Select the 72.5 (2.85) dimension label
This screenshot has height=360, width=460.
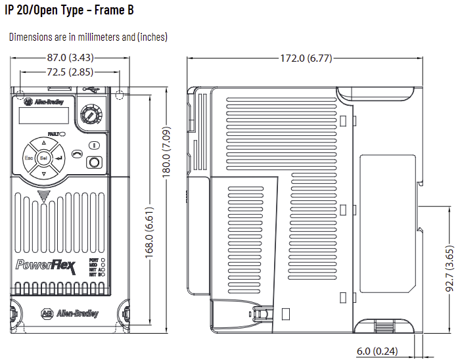70,71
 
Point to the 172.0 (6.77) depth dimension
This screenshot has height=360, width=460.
306,58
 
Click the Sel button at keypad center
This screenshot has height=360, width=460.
44,158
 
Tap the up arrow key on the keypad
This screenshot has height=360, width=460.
44,143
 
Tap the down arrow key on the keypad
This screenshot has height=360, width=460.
44,175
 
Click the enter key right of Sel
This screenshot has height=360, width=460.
60,158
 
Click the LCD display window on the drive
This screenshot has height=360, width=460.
43,116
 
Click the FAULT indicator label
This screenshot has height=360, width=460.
57,133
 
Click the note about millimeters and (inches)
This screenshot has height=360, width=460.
88,37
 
